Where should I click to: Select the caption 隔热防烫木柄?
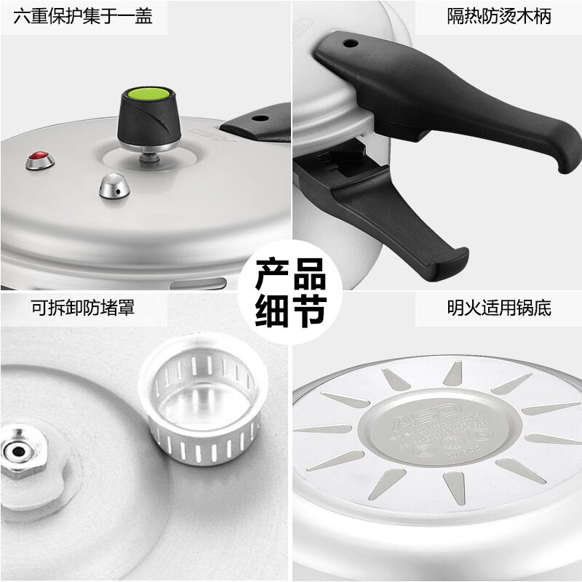tap(498, 17)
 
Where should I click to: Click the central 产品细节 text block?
tap(291, 291)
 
